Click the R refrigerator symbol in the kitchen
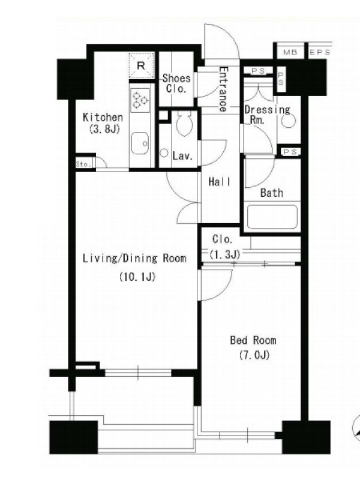click(x=142, y=65)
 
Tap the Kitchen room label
click(x=103, y=117)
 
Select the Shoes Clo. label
click(x=176, y=83)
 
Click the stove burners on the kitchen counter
click(x=140, y=100)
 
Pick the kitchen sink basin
click(x=140, y=143)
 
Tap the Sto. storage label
click(x=83, y=164)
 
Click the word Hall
click(x=219, y=182)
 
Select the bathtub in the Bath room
click(x=272, y=217)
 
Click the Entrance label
click(x=223, y=89)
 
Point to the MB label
click(x=290, y=52)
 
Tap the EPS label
click(x=320, y=52)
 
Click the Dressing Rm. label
click(x=267, y=115)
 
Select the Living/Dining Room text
click(x=134, y=258)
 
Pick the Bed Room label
click(x=253, y=340)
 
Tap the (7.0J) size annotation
click(x=254, y=355)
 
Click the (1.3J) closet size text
click(x=224, y=254)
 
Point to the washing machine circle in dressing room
click(x=289, y=121)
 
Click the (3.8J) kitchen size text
click(x=104, y=130)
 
